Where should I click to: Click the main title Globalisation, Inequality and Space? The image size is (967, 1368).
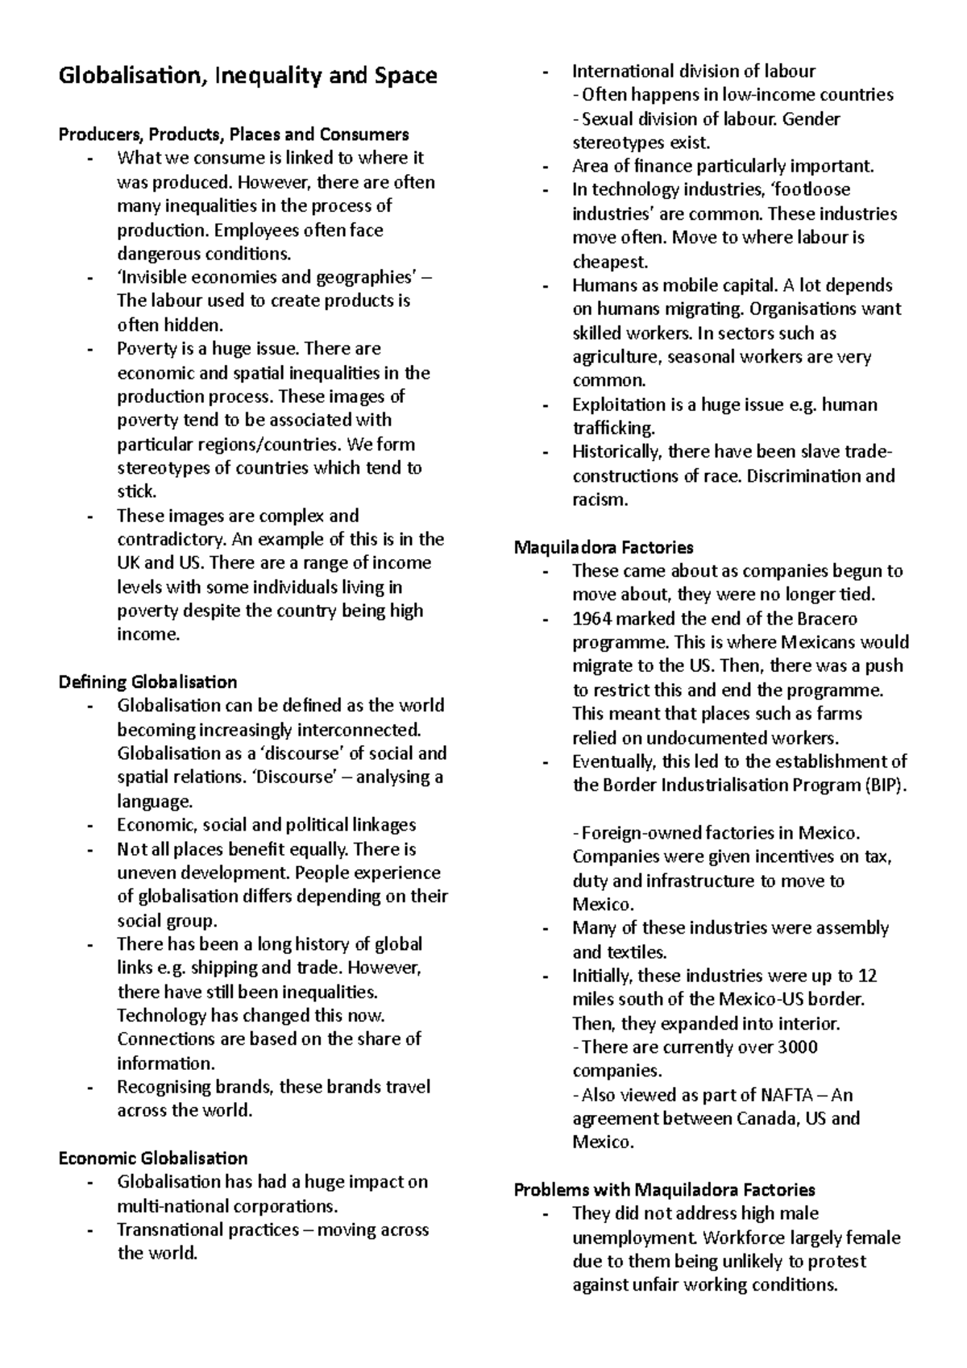247,77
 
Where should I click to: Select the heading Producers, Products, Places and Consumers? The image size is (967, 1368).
234,134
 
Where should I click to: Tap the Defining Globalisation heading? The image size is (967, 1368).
147,682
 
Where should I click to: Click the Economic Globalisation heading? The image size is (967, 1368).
153,1159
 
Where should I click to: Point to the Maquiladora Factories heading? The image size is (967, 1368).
604,548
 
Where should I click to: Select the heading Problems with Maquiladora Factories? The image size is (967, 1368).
664,1190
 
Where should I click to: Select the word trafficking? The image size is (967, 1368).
613,428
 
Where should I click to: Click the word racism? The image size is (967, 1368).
599,500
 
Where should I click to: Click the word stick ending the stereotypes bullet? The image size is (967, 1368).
135,491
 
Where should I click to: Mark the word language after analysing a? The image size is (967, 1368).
154,802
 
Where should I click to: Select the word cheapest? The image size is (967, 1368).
609,262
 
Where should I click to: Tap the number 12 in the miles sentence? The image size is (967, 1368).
867,976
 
